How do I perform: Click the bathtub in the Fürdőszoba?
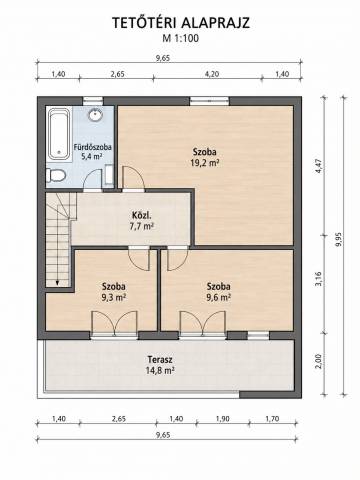(59, 134)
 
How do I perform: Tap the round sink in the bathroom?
(96, 115)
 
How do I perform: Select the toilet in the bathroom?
(55, 176)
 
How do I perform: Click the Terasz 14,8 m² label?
(160, 365)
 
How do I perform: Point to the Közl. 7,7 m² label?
(141, 221)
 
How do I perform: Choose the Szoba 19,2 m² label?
(205, 157)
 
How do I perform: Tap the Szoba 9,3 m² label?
(114, 292)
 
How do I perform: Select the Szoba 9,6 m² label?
(218, 292)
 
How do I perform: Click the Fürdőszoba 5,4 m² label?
(92, 152)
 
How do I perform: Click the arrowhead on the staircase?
(57, 282)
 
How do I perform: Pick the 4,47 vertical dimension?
(319, 166)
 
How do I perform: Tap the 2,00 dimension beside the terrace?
(319, 361)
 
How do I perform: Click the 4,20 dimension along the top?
(212, 74)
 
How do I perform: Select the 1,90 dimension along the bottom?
(222, 419)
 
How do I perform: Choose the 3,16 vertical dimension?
(319, 279)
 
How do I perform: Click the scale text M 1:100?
(180, 38)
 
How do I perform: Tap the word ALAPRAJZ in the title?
(215, 23)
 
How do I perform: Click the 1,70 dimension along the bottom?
(272, 419)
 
